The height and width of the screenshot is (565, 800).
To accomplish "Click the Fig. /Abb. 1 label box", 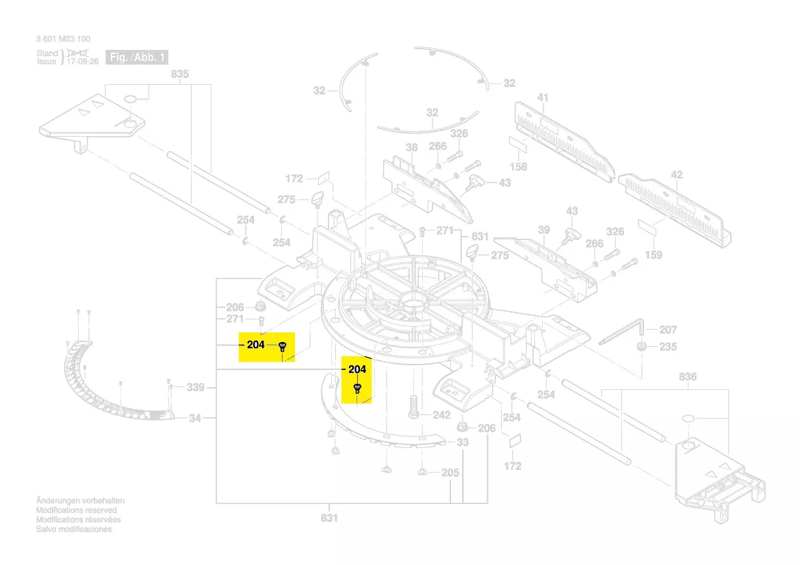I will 137,57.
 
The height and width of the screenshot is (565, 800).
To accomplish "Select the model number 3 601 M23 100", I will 63,39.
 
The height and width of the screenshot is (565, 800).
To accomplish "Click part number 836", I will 687,377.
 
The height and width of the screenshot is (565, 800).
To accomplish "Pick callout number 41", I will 543,98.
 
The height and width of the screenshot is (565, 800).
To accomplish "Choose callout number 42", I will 676,175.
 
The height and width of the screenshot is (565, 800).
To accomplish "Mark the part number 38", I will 411,148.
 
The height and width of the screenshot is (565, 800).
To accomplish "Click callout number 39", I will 543,231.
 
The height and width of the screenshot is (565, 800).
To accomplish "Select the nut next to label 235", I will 641,346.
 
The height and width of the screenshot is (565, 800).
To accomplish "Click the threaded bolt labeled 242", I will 413,406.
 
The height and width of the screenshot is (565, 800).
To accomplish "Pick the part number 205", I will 450,473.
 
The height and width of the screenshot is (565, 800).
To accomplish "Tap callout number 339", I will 196,388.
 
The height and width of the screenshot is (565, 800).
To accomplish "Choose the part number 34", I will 196,417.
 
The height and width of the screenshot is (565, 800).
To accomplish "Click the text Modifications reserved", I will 76,510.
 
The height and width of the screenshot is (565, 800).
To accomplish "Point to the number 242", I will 441,415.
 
